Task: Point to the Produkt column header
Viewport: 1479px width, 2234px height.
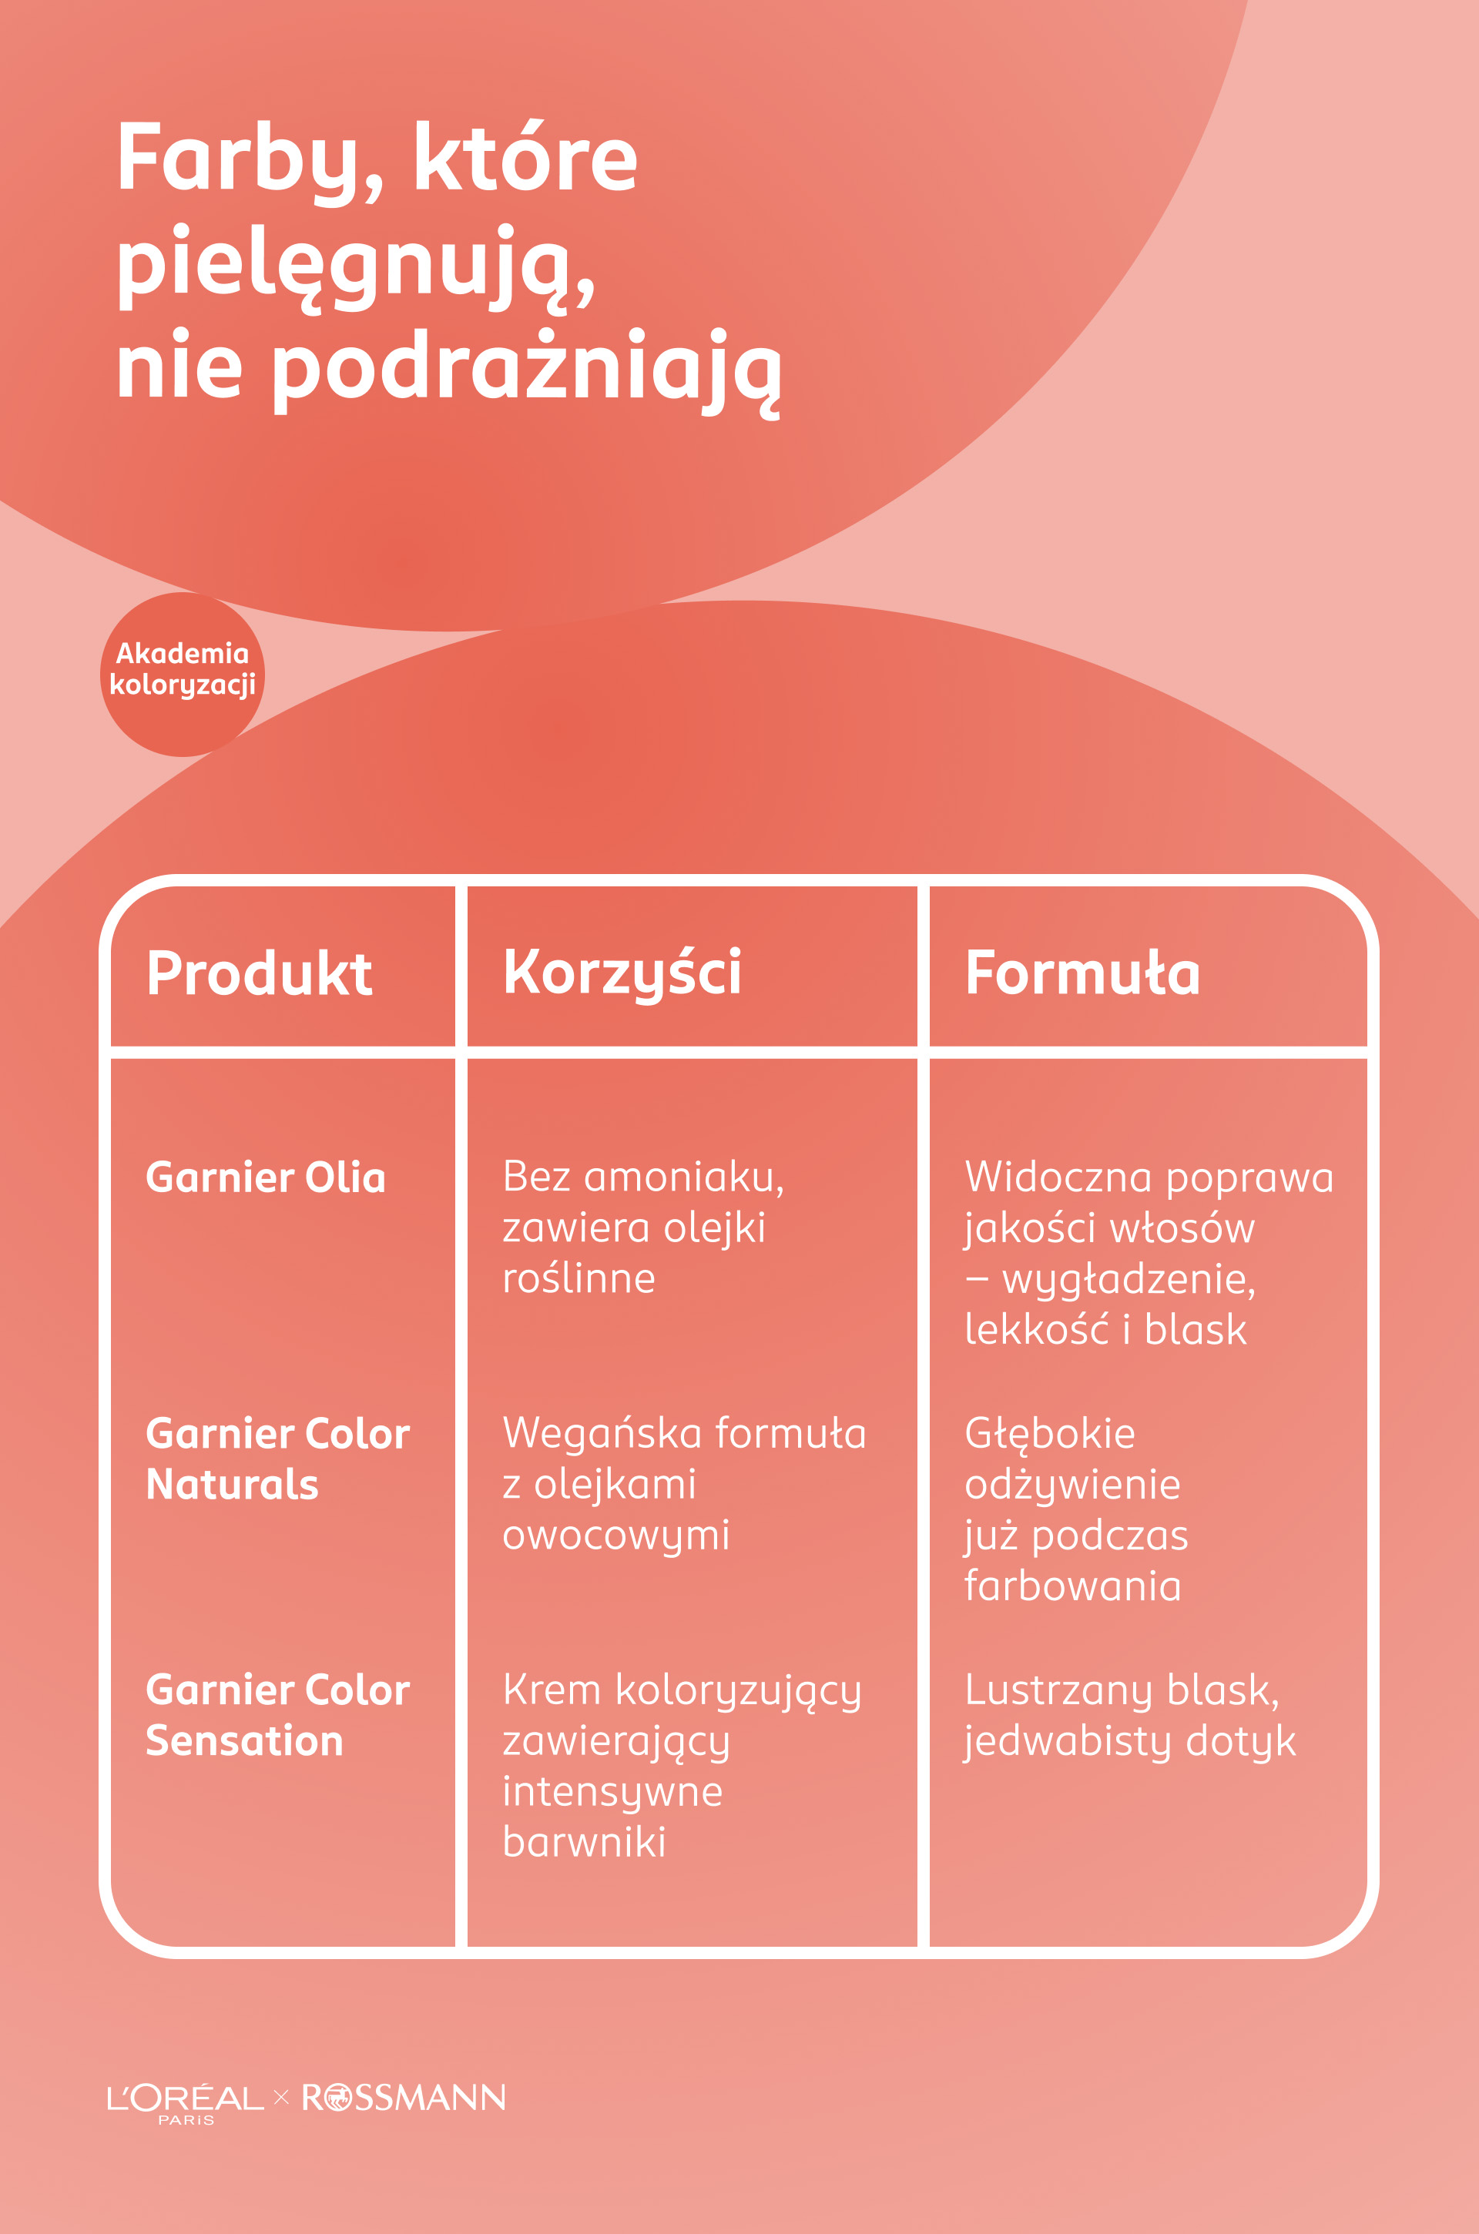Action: [260, 973]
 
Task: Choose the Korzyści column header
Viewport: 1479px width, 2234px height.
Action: [622, 973]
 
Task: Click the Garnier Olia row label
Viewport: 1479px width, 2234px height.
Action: [265, 1177]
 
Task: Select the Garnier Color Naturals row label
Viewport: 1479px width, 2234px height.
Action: [277, 1459]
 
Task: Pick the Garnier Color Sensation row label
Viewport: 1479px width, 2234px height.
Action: [277, 1715]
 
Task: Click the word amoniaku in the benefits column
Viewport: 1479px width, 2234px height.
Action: [683, 1177]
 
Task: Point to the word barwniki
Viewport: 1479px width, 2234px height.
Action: [584, 1842]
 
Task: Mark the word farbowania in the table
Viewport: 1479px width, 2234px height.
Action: [1072, 1586]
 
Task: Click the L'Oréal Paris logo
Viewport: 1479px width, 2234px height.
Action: [185, 2099]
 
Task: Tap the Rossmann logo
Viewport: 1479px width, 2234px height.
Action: [404, 2097]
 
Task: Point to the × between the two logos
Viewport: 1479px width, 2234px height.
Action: [281, 2097]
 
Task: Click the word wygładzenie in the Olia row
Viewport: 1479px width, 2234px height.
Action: [1128, 1280]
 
